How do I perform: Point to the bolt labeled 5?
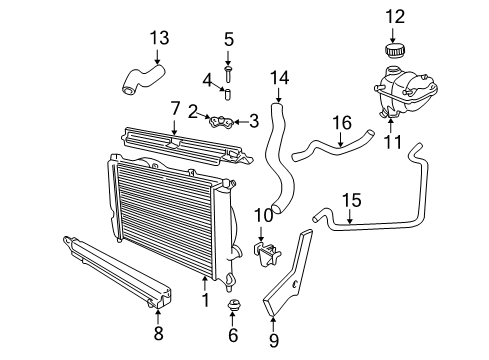click(x=228, y=71)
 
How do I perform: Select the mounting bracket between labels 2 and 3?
click(x=224, y=124)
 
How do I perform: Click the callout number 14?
click(x=279, y=76)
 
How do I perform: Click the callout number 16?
click(x=342, y=122)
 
